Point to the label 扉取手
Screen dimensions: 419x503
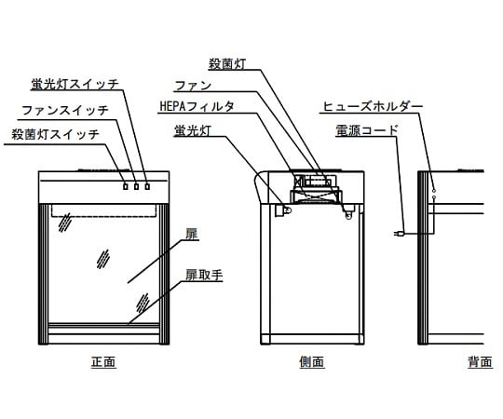(x=201, y=277)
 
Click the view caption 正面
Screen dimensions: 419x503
(x=103, y=361)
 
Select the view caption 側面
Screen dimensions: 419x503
(x=313, y=361)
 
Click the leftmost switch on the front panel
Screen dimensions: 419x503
(x=126, y=186)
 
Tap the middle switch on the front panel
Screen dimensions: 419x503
(x=137, y=186)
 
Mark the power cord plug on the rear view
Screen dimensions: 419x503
(x=400, y=235)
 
